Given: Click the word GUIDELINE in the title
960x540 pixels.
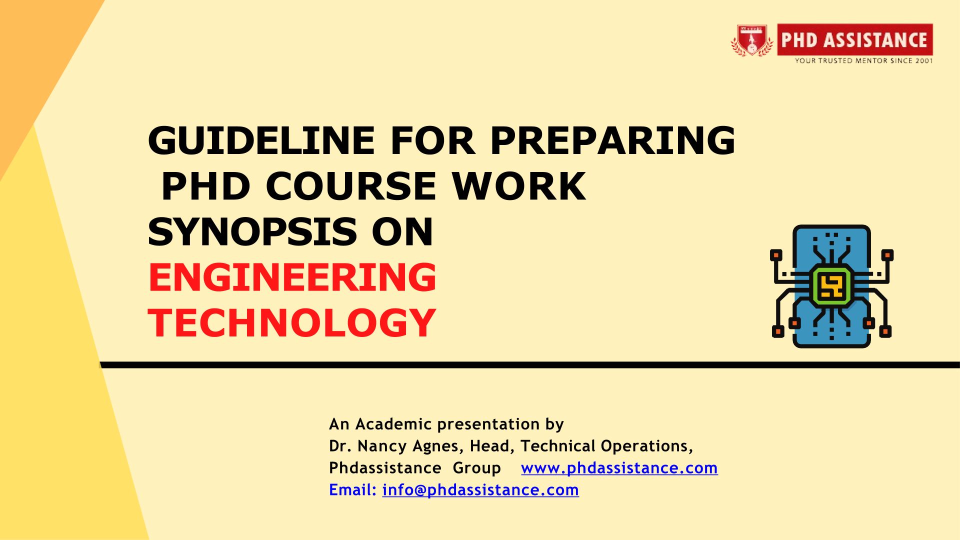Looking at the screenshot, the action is [261, 140].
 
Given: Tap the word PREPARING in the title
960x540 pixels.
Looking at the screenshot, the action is [612, 140].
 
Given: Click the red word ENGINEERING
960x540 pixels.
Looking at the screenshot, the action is [292, 277].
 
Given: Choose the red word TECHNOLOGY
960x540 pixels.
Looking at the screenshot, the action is [292, 323].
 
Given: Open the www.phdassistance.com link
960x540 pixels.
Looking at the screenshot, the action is [619, 468].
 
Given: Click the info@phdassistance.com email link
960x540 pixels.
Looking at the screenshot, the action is [480, 490].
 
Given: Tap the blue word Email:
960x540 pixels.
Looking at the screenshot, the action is [352, 490].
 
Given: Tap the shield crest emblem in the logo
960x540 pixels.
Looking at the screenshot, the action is [751, 40].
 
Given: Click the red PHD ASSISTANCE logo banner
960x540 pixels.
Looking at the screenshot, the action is [855, 39].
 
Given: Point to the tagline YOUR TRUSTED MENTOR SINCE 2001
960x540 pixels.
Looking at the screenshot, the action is [864, 60].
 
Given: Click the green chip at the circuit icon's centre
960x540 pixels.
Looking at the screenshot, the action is [831, 286].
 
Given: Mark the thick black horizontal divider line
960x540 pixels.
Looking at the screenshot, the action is [530, 365].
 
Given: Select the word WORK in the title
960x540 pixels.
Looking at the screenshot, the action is [519, 186].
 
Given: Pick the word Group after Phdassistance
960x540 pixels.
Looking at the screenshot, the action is [477, 468].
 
